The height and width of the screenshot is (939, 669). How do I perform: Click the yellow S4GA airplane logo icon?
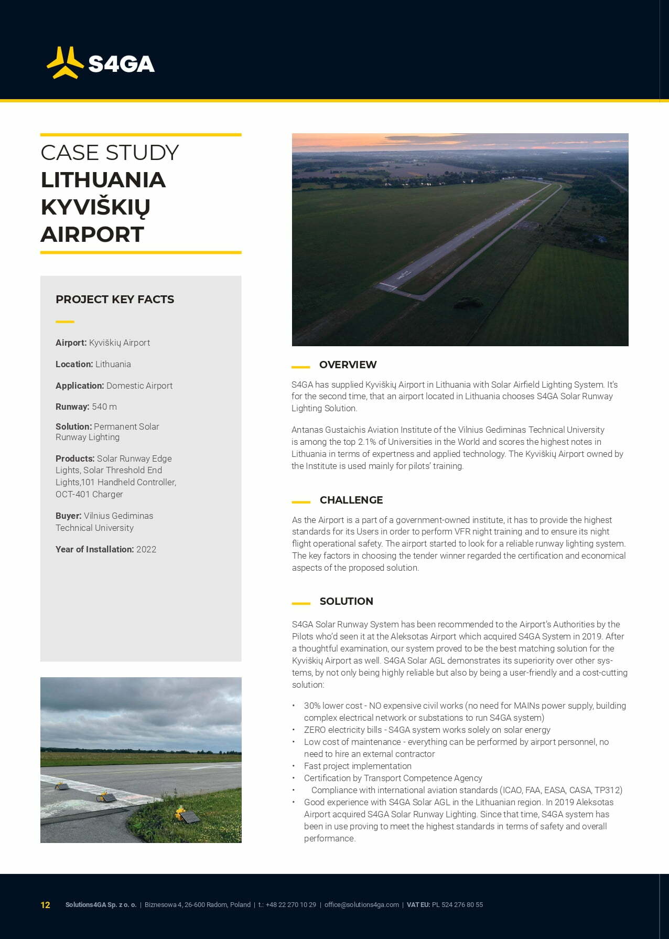point(65,63)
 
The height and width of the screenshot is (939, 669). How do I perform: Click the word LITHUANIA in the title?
point(103,180)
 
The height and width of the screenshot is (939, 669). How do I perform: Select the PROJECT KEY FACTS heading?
point(115,300)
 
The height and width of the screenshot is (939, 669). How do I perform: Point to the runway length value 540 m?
point(104,407)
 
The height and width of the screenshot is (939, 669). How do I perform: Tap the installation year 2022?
point(146,549)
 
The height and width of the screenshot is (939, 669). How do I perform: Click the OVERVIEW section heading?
point(348,365)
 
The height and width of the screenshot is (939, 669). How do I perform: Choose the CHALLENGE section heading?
point(351,500)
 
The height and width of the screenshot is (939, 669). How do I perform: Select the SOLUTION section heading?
point(346,601)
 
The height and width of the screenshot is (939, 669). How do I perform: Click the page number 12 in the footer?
point(46,905)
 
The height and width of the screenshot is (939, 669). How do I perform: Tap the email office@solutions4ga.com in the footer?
point(362,905)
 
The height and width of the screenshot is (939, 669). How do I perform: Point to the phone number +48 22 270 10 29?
point(290,905)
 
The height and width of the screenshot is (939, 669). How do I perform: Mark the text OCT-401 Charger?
point(89,494)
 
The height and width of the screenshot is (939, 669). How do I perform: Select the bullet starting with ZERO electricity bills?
point(427,730)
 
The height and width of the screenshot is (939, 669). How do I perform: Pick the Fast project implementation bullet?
point(358,766)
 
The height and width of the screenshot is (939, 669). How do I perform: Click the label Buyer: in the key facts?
point(69,516)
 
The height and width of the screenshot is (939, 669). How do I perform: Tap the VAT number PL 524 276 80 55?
point(457,905)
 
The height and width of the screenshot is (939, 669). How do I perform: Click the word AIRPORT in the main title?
point(92,234)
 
